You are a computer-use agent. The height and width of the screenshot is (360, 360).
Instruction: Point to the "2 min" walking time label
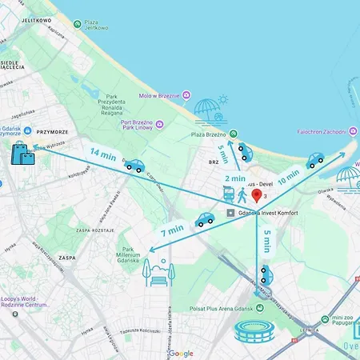pos(234,178)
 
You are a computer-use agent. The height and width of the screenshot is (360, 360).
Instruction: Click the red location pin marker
pos(256,195)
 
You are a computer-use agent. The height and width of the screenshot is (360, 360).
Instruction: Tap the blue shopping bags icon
pos(22,153)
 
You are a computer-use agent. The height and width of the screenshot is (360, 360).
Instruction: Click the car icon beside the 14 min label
pos(134,166)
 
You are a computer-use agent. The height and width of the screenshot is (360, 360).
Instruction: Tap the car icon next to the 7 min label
pos(205,219)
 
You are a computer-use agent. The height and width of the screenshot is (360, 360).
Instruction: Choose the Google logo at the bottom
pos(181,353)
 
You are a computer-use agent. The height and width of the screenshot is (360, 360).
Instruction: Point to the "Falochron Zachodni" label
pos(320,131)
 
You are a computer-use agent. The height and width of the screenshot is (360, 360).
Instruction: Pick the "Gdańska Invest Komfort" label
pos(271,213)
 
